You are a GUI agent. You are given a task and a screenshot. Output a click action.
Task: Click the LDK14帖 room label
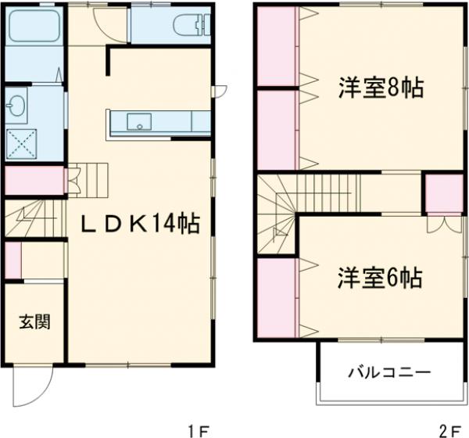141,224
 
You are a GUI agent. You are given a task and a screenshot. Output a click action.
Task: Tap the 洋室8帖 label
381,88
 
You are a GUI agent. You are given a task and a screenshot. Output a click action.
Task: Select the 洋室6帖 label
381,277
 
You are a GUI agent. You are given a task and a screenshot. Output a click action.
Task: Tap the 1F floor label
199,429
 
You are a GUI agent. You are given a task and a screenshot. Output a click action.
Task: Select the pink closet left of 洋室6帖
276,297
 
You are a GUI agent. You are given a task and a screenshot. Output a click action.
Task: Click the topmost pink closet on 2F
276,47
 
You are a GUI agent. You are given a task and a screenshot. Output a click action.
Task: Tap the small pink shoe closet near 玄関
13,260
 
